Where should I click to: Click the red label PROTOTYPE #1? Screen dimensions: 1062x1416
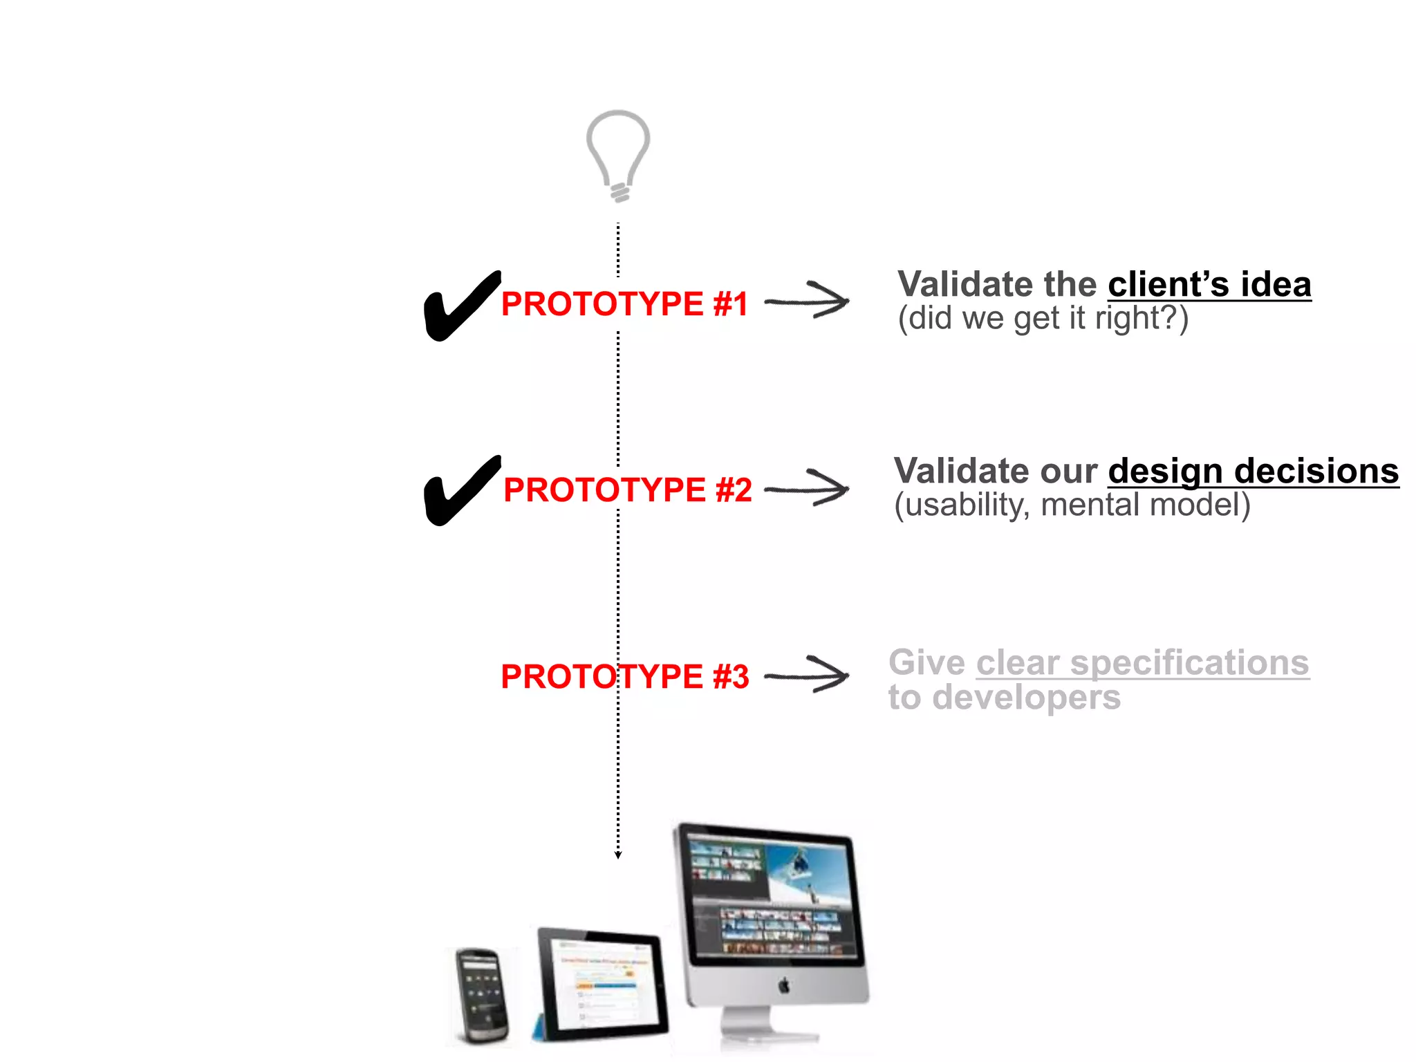624,304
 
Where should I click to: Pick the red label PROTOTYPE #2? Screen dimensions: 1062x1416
627,490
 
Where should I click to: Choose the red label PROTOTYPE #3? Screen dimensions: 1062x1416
624,676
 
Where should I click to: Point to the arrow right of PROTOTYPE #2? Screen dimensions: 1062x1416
808,488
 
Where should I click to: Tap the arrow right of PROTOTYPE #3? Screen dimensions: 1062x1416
808,675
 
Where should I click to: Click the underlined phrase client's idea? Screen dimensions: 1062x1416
1209,285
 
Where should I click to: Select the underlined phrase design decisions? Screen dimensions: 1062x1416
1253,472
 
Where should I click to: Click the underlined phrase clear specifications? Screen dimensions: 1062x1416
1142,663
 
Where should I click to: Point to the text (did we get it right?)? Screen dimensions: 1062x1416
1043,319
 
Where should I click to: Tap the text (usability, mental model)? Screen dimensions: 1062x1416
1072,505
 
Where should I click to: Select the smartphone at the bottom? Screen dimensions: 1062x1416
482,996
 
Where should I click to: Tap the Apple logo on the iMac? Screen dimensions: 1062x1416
783,985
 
